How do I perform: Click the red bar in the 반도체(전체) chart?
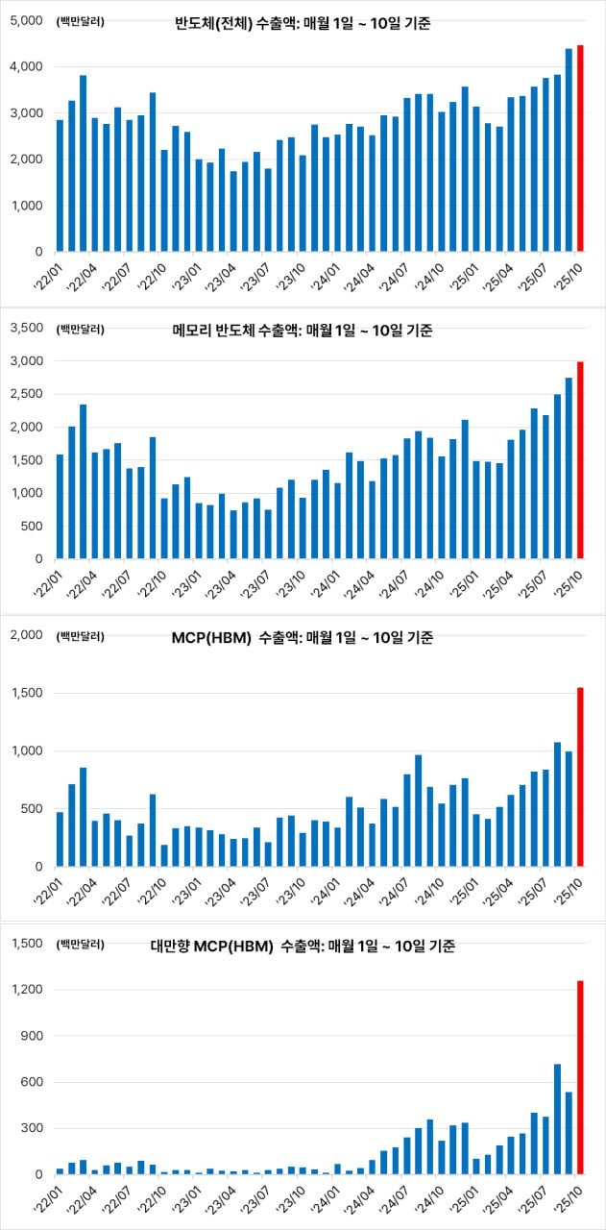click(x=580, y=149)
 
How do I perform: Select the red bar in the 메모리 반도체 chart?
click(x=580, y=460)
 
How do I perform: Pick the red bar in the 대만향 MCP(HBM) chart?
click(x=580, y=1077)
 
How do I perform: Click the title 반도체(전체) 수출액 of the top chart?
click(x=303, y=22)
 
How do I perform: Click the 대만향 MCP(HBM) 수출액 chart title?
click(x=303, y=947)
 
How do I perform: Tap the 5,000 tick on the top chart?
click(x=28, y=20)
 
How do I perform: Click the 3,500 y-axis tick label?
click(x=28, y=329)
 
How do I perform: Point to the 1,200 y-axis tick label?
click(x=28, y=991)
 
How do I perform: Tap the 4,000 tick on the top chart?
click(x=28, y=67)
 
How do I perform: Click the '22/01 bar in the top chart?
click(x=61, y=185)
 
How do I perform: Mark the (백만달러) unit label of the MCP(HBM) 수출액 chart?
click(x=82, y=636)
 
